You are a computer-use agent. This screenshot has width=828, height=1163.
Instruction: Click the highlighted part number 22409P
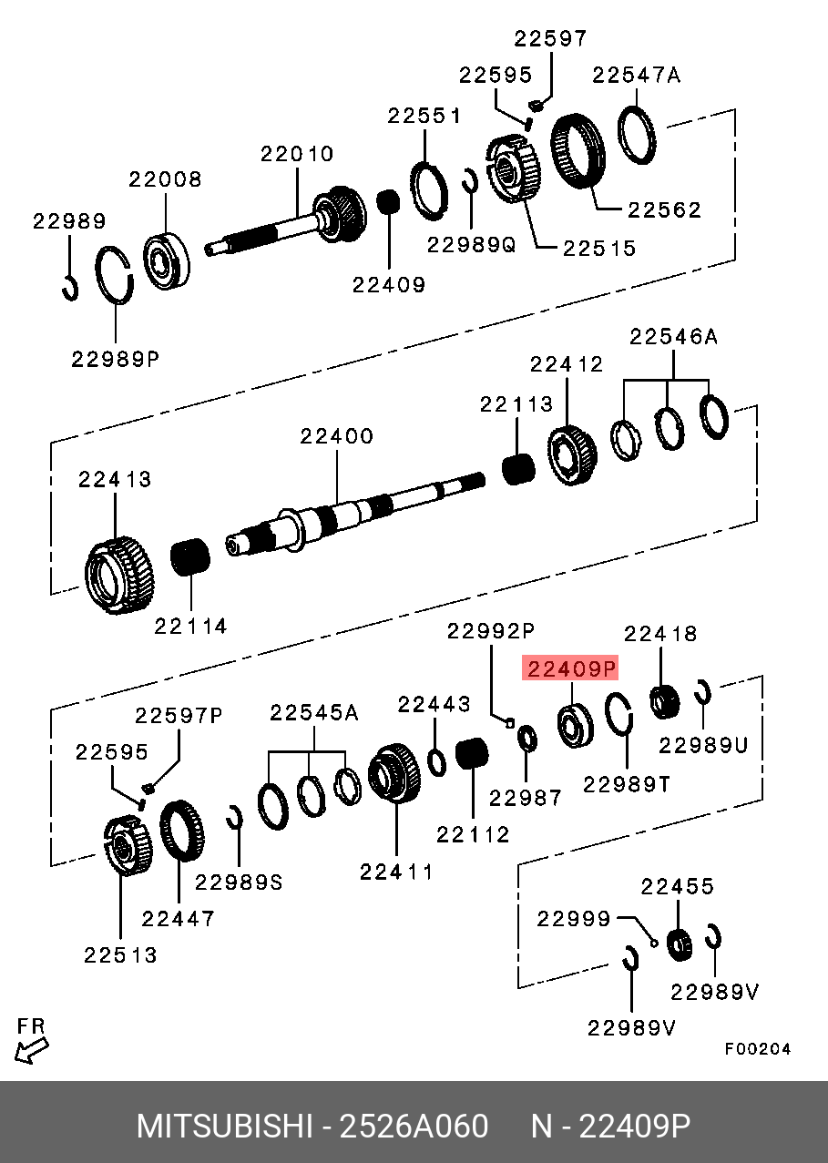[x=568, y=669]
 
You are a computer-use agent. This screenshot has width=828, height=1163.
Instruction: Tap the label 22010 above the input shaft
[x=297, y=155]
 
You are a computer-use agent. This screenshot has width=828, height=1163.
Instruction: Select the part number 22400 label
[x=336, y=436]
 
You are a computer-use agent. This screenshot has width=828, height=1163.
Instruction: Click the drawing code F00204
[x=758, y=1049]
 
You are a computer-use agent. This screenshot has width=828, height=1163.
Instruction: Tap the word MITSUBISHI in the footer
[x=223, y=1127]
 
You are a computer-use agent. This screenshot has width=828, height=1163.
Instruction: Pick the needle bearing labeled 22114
[x=191, y=556]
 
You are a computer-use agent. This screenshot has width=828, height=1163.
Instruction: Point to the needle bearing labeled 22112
[x=472, y=755]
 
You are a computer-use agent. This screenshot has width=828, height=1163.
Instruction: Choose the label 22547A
[x=636, y=75]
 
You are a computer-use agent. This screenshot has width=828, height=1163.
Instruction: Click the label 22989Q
[x=471, y=244]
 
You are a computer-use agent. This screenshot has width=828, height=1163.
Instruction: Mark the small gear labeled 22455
[x=679, y=944]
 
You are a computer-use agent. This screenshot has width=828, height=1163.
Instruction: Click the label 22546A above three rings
[x=673, y=337]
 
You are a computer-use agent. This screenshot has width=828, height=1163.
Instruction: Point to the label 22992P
[x=490, y=630]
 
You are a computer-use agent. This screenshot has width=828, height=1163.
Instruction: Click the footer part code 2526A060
[x=414, y=1127]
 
